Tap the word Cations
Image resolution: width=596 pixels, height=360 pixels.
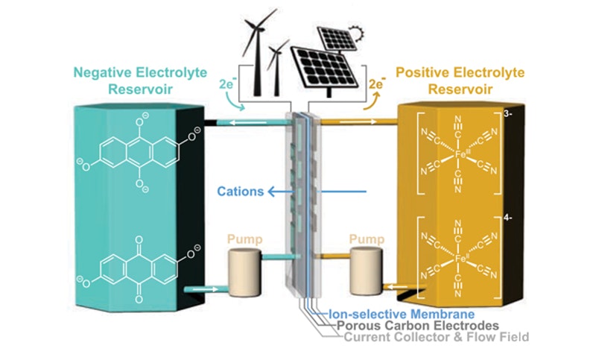(x=240, y=192)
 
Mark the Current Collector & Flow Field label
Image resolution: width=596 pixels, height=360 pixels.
(x=436, y=338)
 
